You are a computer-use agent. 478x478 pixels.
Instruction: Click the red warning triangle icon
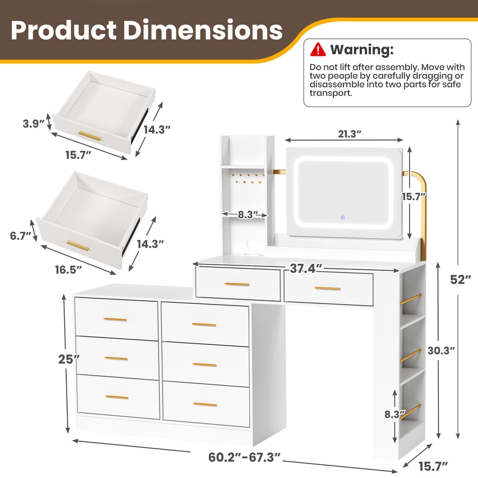click(317, 49)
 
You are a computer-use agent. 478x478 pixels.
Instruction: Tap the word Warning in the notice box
click(362, 49)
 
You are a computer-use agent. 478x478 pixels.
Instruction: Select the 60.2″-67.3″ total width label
click(244, 457)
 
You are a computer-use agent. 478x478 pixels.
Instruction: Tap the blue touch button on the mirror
click(343, 218)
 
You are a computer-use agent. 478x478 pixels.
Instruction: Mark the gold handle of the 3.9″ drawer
click(90, 136)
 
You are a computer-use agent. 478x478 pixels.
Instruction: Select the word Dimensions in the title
click(202, 30)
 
